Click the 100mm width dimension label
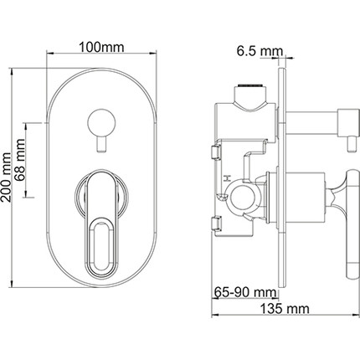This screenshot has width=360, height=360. point(101,48)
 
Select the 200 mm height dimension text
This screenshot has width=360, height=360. point(6,177)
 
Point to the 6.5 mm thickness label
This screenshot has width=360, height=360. point(260,51)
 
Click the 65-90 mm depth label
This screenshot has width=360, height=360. point(245,292)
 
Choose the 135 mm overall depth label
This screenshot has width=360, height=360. point(285,309)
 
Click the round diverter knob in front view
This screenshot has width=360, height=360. point(101,122)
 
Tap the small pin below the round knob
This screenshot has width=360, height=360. point(101,145)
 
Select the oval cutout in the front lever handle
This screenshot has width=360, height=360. point(101,245)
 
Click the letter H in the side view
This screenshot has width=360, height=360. point(228,178)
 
